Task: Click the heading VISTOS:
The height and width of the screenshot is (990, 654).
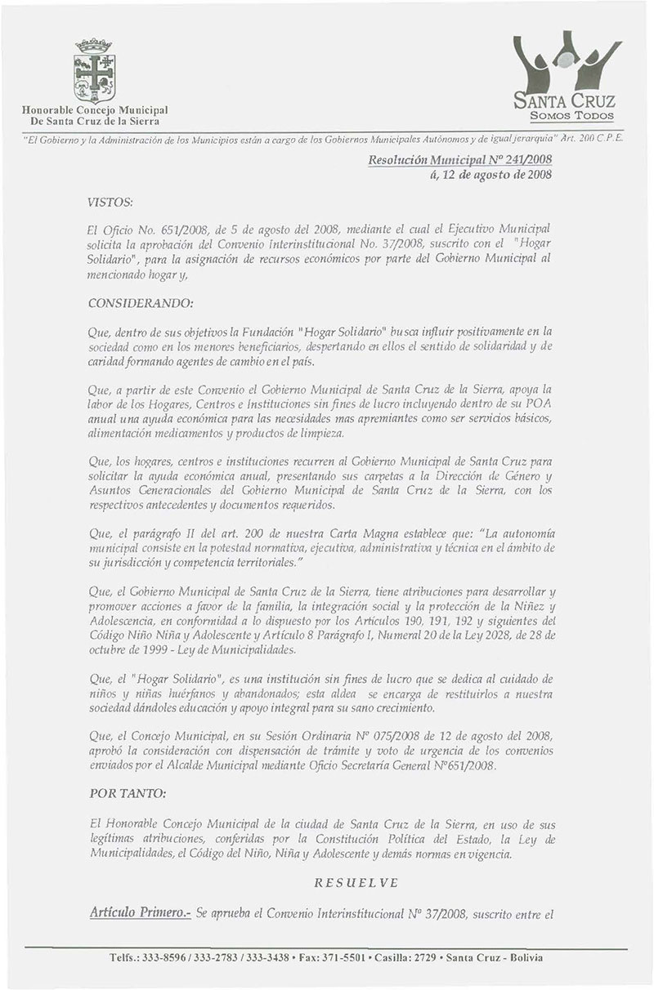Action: point(109,200)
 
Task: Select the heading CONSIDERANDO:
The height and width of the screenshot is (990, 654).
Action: point(140,304)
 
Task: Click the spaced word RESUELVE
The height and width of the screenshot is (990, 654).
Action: point(356,883)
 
